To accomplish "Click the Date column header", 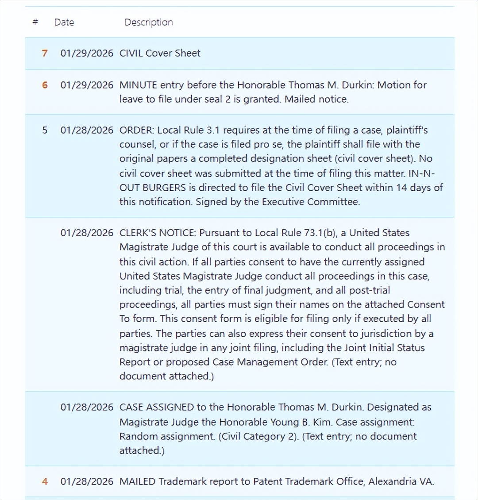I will tap(64, 22).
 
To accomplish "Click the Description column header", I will tap(148, 22).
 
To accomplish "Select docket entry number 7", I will tap(45, 53).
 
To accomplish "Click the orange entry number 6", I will tap(45, 85).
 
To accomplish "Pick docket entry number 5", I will tap(45, 130).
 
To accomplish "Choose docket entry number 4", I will tap(45, 481).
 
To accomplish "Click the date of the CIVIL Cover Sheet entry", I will tap(87, 53).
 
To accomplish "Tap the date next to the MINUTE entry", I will tap(87, 85).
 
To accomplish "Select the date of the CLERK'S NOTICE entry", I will tap(87, 233).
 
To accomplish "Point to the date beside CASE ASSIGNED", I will tap(87, 407).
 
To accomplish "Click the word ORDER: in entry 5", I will tap(137, 130).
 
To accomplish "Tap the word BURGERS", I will tap(164, 187).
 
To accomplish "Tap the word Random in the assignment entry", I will tap(139, 436).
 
